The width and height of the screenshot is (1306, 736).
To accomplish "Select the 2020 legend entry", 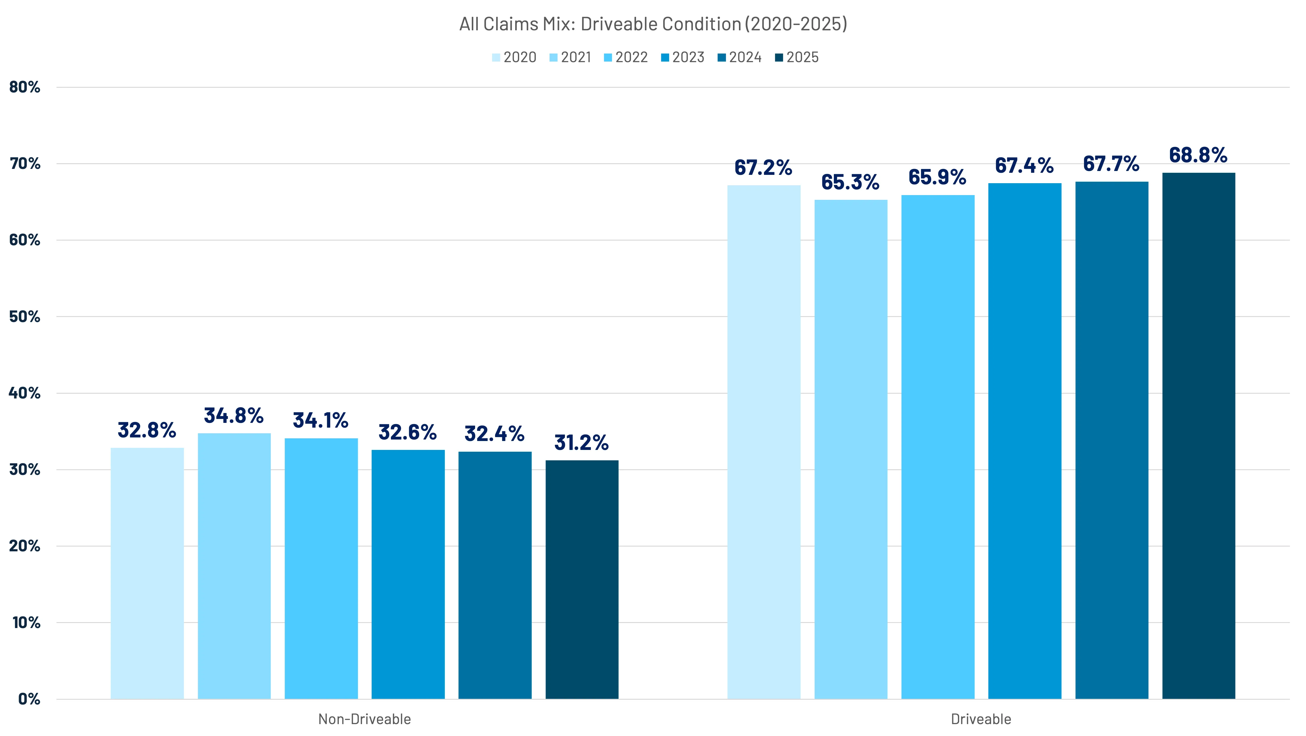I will click(x=514, y=57).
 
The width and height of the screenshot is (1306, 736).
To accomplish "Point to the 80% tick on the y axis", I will click(x=24, y=87).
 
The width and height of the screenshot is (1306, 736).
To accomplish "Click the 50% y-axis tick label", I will click(x=24, y=317).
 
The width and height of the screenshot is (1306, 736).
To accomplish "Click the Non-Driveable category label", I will click(x=364, y=719).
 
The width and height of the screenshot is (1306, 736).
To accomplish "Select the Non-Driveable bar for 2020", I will click(x=147, y=573).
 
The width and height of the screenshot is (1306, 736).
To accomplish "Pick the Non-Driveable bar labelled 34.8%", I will click(x=234, y=566).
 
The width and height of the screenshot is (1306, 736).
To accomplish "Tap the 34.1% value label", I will click(x=320, y=420).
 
